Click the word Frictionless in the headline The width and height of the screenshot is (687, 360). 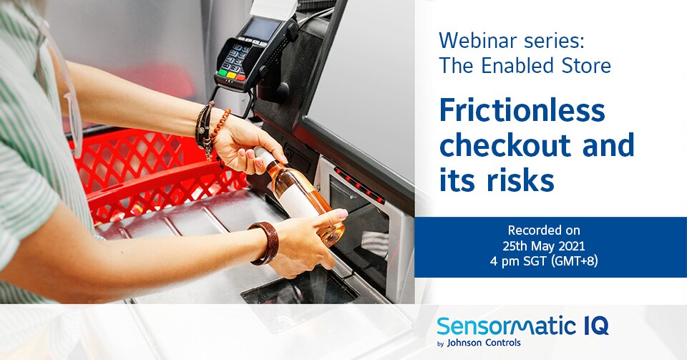(x=522, y=111)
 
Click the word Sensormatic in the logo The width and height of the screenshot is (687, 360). (x=500, y=327)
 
